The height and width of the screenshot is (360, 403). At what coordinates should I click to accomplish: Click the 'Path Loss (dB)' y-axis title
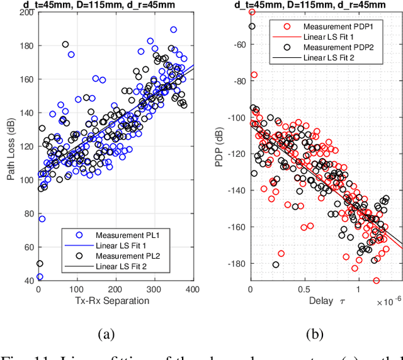coord(11,147)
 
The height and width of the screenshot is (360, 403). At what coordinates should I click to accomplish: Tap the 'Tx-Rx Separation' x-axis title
coord(115,301)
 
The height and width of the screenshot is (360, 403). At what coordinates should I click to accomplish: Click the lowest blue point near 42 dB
coord(40,276)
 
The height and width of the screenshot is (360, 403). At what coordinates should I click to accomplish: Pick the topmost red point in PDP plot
coord(252,11)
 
